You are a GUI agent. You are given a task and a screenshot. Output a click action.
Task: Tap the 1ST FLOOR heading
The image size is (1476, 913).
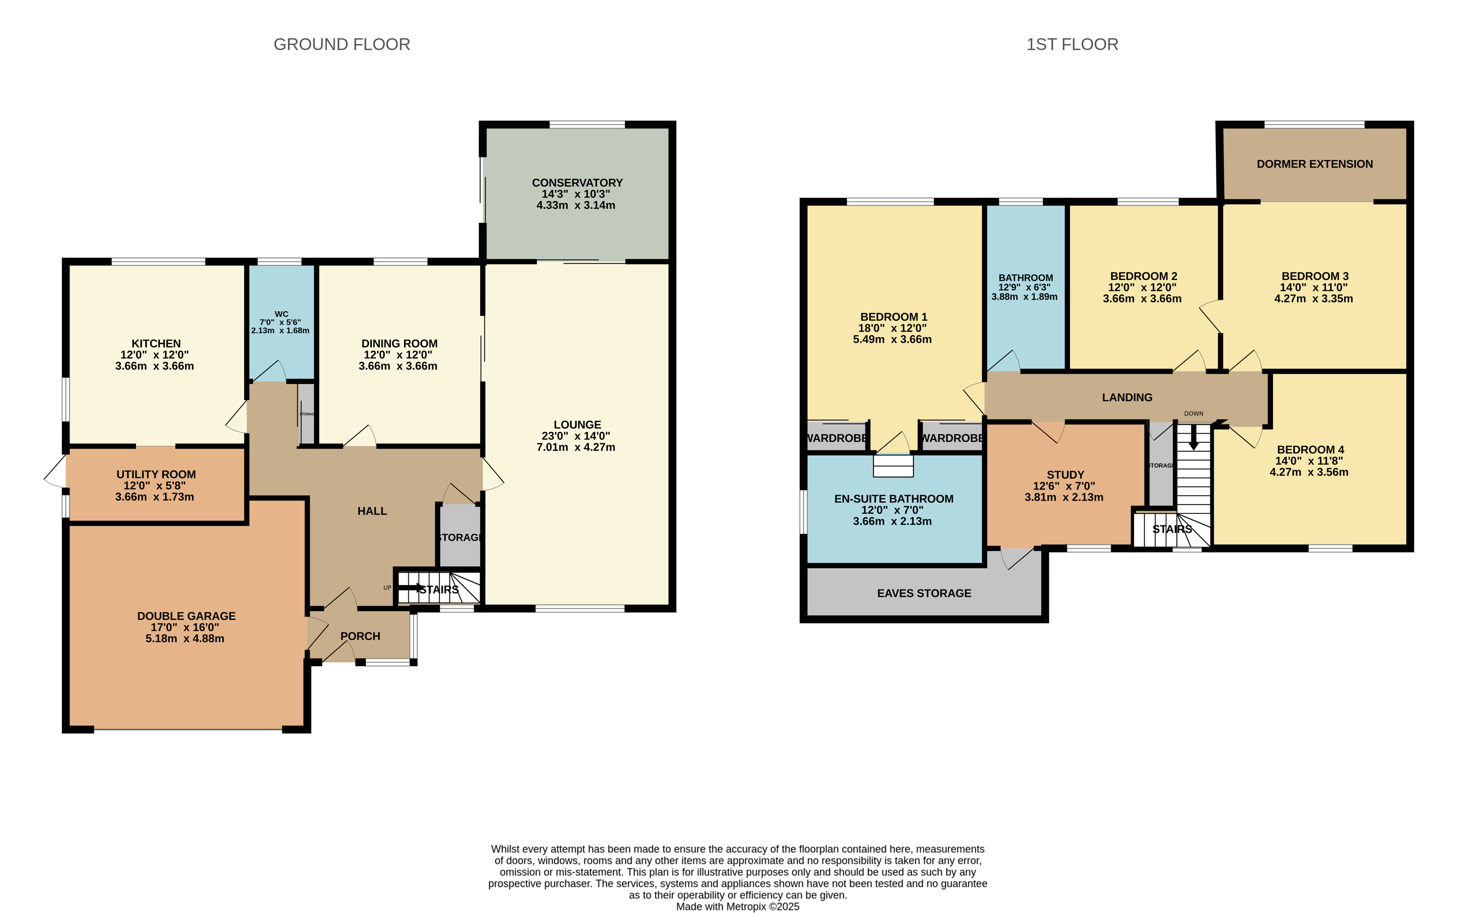click(1072, 44)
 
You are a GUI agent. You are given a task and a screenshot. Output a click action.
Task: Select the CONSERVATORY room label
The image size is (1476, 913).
click(577, 183)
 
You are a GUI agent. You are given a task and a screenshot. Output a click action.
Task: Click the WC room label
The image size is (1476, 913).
click(281, 314)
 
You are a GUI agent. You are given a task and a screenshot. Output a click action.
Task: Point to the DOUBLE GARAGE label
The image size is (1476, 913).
click(186, 616)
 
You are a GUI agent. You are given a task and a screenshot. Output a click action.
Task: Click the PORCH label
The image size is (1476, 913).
click(360, 636)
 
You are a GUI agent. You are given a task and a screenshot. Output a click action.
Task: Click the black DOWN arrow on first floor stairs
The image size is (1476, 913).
click(1193, 437)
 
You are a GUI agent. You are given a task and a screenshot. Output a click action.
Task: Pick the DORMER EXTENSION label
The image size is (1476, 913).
click(1315, 164)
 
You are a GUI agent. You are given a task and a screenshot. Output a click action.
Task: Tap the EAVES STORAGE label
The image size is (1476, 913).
click(924, 593)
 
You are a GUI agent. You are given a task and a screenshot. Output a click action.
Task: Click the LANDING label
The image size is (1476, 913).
click(1127, 397)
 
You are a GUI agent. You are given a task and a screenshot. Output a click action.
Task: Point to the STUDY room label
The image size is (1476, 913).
click(1065, 475)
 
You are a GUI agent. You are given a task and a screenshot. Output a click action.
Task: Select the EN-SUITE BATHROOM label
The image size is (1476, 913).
click(894, 499)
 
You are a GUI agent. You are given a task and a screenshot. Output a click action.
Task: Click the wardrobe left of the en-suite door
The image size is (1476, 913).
click(837, 438)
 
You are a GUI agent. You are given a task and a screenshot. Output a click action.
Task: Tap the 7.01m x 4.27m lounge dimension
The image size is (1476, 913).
click(576, 447)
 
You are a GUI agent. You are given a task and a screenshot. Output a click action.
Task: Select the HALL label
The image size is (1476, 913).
click(372, 511)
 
